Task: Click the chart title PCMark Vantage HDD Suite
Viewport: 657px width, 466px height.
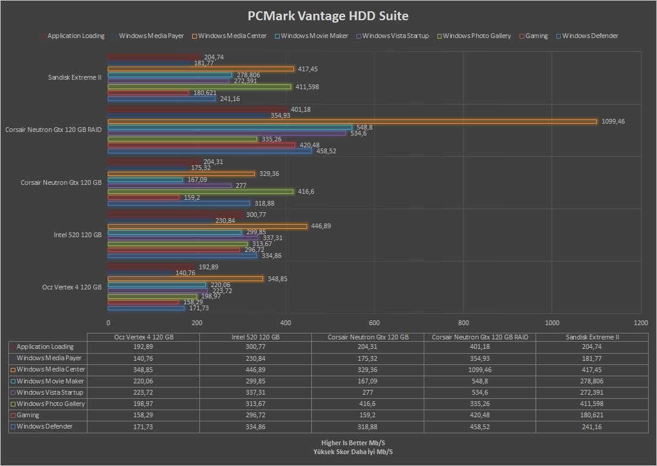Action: (328, 16)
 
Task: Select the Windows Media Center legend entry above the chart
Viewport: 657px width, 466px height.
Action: (232, 36)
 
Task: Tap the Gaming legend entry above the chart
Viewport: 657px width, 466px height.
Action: (536, 36)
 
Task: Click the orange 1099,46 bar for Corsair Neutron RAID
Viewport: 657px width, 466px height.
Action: (352, 121)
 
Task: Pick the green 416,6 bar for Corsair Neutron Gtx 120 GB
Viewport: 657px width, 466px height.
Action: (201, 191)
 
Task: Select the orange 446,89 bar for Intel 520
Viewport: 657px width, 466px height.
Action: (207, 226)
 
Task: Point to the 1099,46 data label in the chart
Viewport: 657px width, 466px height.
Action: (614, 121)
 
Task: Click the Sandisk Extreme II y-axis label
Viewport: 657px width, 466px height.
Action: (75, 77)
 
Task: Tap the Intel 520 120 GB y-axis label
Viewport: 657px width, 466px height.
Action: (78, 235)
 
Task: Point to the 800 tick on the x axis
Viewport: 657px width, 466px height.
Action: (463, 323)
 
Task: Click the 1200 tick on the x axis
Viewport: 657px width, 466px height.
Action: (641, 323)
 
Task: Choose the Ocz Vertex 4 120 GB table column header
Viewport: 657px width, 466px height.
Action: (143, 337)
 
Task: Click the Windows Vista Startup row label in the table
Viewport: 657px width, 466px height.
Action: (49, 392)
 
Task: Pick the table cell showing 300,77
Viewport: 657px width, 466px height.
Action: (255, 347)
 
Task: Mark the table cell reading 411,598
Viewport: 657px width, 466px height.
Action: (592, 404)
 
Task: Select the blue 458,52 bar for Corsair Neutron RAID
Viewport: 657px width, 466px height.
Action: (209, 151)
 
